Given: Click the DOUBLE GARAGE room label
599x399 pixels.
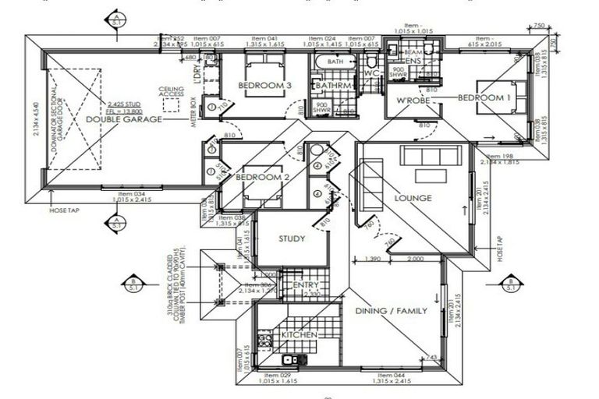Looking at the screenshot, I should pos(124,119).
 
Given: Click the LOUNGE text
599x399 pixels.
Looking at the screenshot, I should pos(413,198).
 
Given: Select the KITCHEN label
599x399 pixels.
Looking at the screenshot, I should pos(299,334).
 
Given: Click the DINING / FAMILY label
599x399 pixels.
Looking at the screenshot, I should pos(392,311).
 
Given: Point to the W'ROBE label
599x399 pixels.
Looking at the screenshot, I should pos(409,101).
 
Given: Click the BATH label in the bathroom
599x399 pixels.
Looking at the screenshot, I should pos(335,61).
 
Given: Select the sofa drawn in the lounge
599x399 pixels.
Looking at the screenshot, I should pos(431,155).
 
